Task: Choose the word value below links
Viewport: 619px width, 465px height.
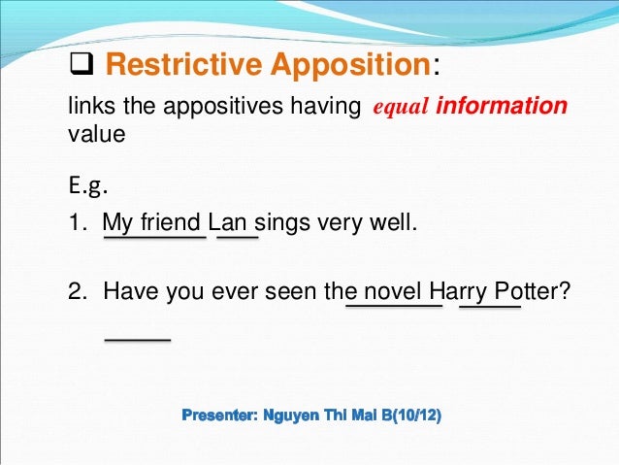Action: click(x=96, y=135)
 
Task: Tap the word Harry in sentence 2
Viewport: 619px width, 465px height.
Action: click(x=459, y=290)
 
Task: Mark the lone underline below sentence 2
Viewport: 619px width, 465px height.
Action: click(x=137, y=339)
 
